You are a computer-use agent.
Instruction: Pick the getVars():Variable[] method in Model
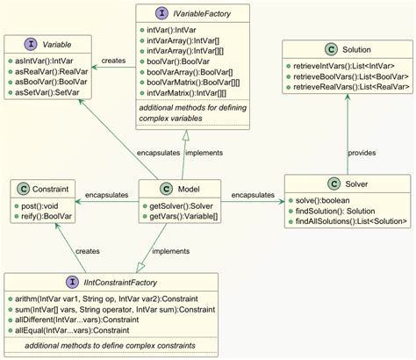[x=173, y=215]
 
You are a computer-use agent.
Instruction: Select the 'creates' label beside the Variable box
[x=115, y=61]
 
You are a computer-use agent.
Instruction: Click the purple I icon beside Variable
[x=32, y=41]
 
